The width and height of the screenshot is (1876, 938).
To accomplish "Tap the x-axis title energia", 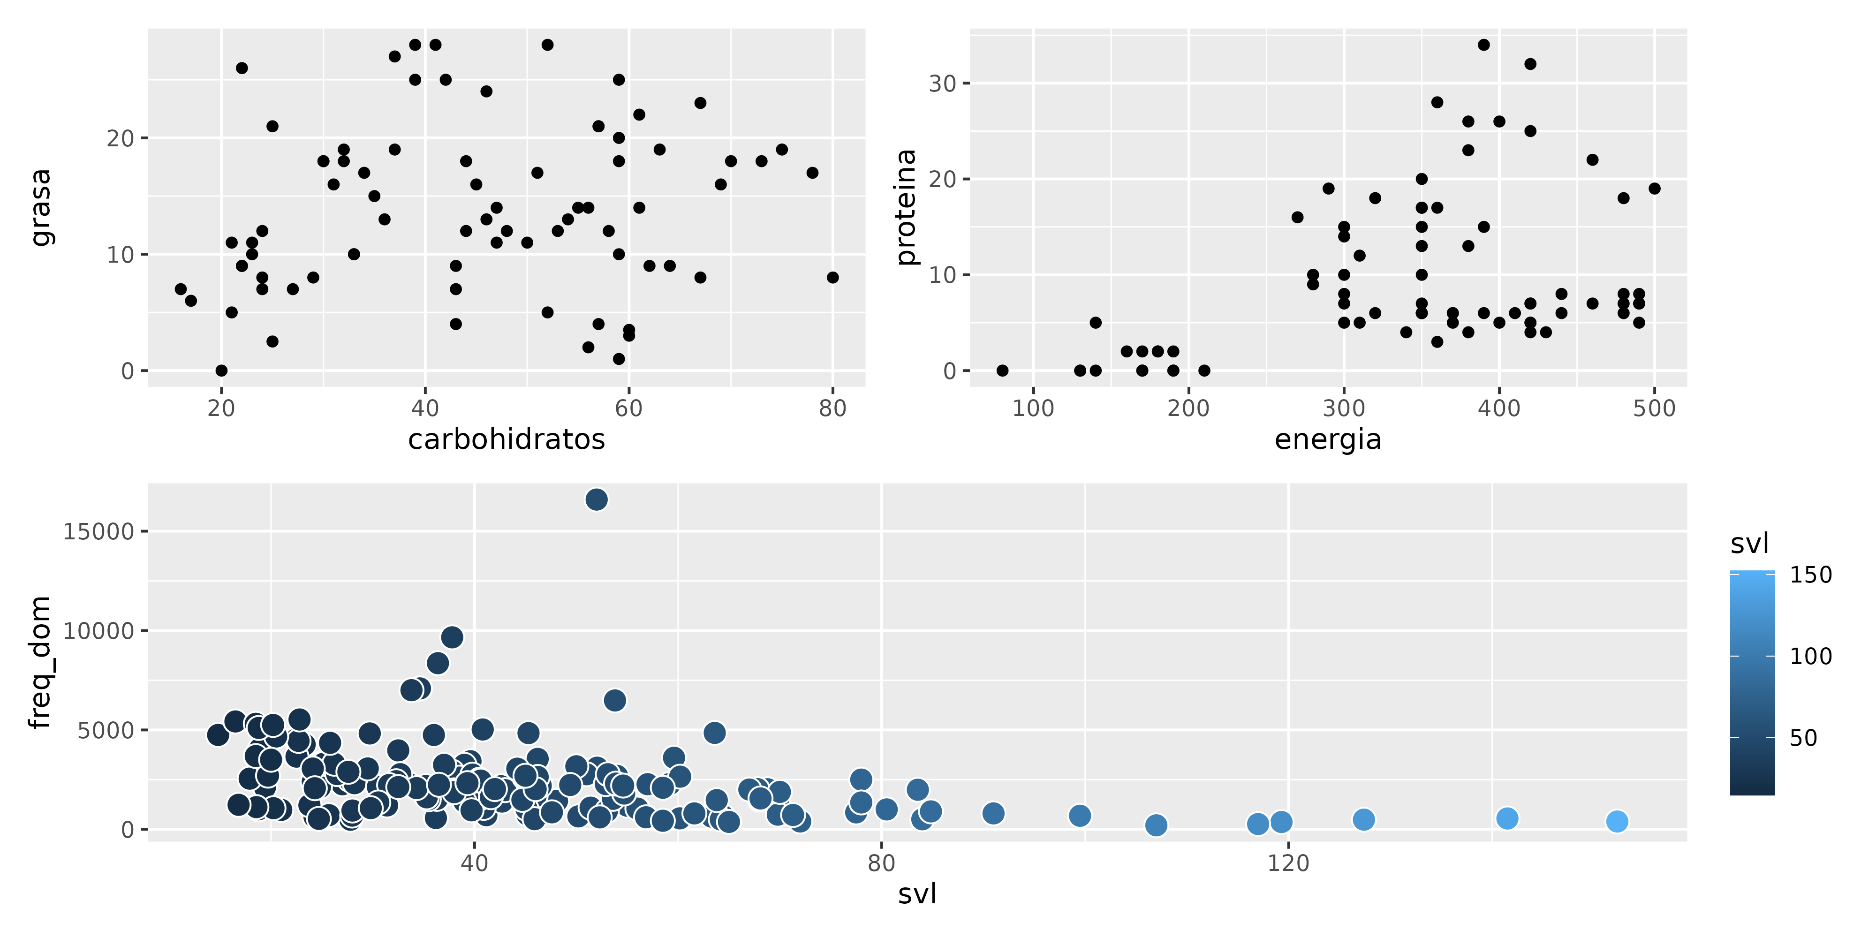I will click(1328, 440).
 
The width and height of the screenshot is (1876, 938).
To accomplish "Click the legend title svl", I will click(1749, 543).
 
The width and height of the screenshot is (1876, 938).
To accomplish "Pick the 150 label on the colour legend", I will click(1810, 575).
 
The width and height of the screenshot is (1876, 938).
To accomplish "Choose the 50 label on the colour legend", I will click(1803, 739).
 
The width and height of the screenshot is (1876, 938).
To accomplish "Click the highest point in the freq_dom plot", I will click(597, 499).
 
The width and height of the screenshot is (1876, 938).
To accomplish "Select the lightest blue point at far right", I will click(1617, 822).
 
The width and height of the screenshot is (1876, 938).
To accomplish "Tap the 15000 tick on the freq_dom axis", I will click(99, 532).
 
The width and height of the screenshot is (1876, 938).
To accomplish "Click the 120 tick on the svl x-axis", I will click(1288, 863).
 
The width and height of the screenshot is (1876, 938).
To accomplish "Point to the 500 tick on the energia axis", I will click(1654, 408).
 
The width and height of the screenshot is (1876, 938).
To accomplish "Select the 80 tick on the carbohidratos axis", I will click(832, 408).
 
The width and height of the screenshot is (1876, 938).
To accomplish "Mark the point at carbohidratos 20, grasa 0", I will click(221, 371).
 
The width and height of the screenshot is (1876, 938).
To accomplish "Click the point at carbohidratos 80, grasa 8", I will click(832, 278).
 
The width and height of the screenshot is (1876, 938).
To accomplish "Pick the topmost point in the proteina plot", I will click(1483, 45).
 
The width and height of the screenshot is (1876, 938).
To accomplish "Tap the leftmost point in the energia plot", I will click(1002, 371).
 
